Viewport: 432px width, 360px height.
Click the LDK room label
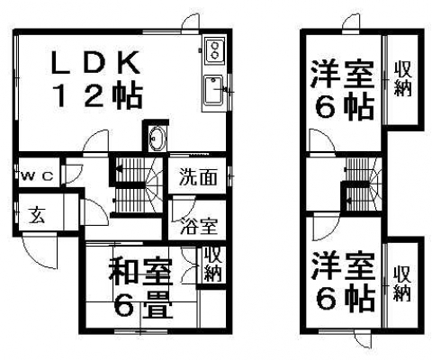tap(95, 63)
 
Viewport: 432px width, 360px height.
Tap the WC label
tap(38, 176)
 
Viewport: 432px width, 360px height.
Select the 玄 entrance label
tap(37, 215)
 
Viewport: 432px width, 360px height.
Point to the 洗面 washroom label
tap(198, 177)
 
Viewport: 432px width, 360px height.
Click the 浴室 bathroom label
tap(199, 226)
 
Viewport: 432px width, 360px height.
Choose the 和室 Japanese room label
tap(140, 272)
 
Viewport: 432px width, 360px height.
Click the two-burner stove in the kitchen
tap(214, 50)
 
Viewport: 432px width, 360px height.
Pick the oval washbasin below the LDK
tap(157, 139)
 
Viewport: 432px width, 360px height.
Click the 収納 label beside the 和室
tap(212, 264)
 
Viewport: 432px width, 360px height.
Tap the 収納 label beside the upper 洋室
tap(403, 78)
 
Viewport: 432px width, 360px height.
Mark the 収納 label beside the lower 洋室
tap(402, 283)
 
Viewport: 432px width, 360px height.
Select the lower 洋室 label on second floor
tap(343, 266)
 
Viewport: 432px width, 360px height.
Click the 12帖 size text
tap(97, 95)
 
